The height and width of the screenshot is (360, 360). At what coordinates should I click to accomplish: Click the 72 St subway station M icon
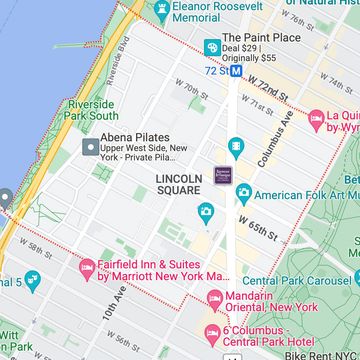tap(235, 71)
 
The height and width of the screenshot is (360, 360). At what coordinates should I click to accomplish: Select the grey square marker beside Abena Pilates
tap(89, 147)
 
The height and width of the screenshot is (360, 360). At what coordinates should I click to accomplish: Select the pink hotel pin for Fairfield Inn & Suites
tap(87, 267)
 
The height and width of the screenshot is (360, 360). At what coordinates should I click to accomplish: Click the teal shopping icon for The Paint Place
tap(211, 47)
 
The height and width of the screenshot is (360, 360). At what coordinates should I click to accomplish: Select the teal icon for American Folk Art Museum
tap(243, 193)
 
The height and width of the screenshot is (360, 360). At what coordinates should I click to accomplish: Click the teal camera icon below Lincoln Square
tap(206, 212)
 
